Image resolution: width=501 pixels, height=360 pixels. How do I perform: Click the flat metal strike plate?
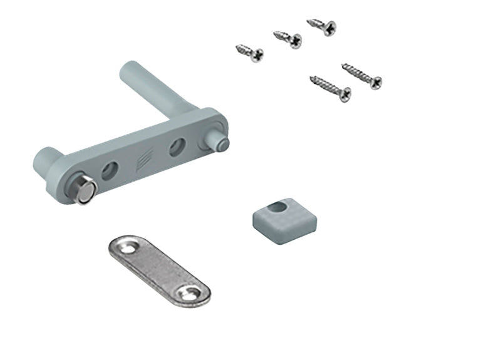[x=157, y=269]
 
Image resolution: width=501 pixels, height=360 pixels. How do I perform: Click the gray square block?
[x=284, y=216]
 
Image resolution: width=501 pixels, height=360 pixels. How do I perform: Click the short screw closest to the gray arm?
[x=249, y=53]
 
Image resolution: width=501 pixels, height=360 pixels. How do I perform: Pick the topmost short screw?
[x=322, y=26]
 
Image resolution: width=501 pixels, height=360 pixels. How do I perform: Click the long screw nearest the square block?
[x=330, y=88]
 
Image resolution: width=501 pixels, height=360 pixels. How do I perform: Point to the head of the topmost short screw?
[x=329, y=29]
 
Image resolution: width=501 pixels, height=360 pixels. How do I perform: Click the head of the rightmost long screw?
[x=375, y=82]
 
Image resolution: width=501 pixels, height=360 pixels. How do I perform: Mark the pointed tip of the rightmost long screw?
[x=343, y=64]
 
